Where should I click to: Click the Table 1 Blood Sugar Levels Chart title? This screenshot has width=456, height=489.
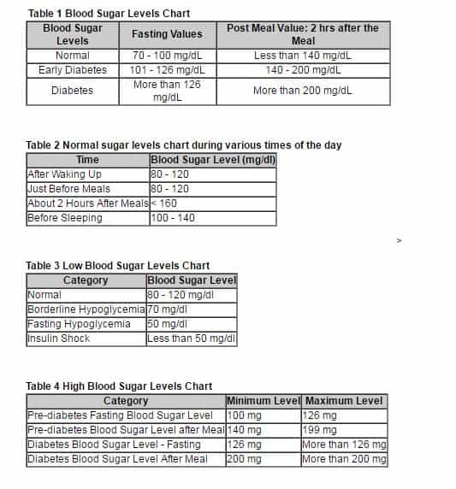(x=109, y=14)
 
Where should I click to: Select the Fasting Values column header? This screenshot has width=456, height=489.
(x=167, y=34)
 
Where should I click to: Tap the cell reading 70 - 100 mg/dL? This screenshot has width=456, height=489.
(x=167, y=56)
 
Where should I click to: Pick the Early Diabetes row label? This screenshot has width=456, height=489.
(x=73, y=70)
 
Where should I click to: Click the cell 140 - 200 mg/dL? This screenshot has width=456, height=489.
(x=302, y=70)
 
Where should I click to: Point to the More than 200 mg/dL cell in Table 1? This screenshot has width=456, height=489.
(x=302, y=91)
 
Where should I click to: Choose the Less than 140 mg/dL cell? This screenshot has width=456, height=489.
(x=302, y=56)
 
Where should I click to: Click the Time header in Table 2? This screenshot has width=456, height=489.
(x=87, y=160)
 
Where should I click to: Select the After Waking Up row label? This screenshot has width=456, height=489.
(x=65, y=174)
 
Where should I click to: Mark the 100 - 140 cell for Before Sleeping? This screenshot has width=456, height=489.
(x=173, y=218)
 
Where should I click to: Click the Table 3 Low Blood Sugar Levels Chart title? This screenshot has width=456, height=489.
(x=118, y=266)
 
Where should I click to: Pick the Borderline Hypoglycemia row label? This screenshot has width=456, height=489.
(x=86, y=309)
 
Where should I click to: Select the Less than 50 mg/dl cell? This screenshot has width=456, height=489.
(x=191, y=339)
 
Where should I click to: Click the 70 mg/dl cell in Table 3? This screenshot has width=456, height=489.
(x=167, y=309)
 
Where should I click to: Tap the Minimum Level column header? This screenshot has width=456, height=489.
(x=263, y=401)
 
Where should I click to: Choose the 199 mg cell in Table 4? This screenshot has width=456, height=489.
(x=321, y=430)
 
